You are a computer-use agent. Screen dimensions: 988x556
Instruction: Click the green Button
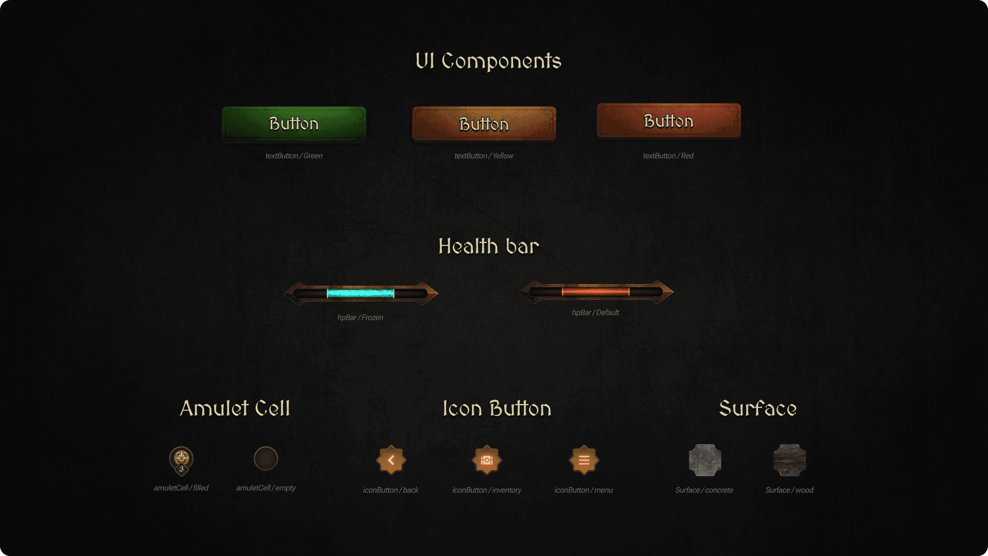point(294,124)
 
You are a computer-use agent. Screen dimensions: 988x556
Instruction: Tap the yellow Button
point(484,124)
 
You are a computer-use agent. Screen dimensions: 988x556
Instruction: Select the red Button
point(668,121)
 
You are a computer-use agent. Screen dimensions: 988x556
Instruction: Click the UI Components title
point(488,61)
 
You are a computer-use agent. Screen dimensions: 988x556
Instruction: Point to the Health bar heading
point(489,247)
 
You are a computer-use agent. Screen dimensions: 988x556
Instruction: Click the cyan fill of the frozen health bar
point(360,294)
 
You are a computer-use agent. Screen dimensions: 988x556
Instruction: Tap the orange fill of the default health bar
point(595,292)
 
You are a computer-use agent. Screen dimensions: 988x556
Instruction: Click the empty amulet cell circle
point(266,458)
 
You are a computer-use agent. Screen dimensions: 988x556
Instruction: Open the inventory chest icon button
point(487,460)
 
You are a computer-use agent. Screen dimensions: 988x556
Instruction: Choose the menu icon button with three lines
point(584,460)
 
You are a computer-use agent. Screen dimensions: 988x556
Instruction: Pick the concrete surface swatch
point(704,460)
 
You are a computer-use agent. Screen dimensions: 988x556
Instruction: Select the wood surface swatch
point(789,460)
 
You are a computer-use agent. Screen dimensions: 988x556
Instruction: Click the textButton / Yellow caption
point(484,156)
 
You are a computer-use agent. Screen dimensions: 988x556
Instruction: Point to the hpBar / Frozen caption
point(360,318)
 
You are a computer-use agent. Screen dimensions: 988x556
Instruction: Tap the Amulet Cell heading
point(235,409)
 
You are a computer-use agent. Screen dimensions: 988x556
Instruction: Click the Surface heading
point(757,409)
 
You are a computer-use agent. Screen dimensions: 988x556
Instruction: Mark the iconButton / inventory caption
point(487,490)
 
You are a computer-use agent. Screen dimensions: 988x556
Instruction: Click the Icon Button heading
point(497,409)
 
